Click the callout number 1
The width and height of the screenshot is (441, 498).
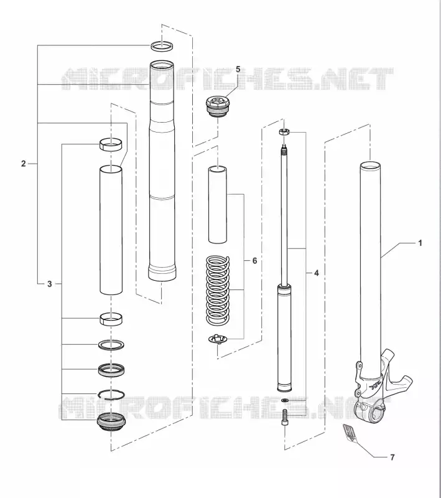pos(420,243)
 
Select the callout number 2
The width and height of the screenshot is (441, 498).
pos(23,164)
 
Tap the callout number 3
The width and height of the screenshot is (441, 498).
pos(50,284)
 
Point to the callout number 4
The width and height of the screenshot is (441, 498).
pos(316,273)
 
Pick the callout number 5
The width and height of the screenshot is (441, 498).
pos(238,70)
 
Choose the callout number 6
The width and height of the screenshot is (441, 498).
pos(254,261)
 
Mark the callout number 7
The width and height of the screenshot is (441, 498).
pos(392,458)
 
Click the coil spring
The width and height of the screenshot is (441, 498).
pos(218,290)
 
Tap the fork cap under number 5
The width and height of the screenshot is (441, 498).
pos(217,107)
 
